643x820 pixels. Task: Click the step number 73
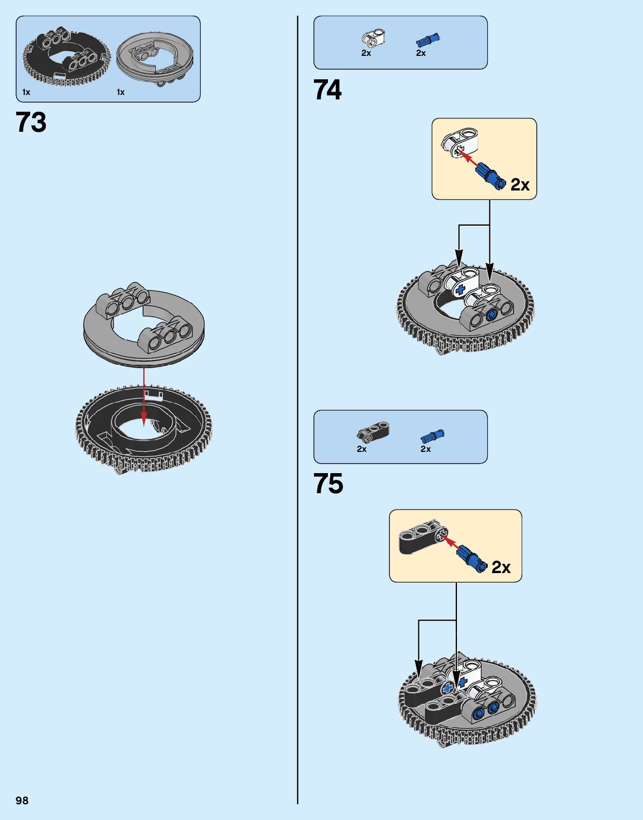(x=31, y=122)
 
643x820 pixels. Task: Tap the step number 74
(x=327, y=90)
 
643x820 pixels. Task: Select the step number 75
(x=328, y=484)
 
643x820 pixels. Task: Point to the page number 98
(x=22, y=800)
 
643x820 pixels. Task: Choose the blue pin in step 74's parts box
(x=427, y=40)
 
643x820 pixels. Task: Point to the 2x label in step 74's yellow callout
(x=520, y=184)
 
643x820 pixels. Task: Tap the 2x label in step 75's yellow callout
(x=501, y=568)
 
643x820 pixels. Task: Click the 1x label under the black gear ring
(x=26, y=92)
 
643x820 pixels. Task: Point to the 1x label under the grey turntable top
(x=121, y=92)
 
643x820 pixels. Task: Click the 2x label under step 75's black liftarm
(x=361, y=449)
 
